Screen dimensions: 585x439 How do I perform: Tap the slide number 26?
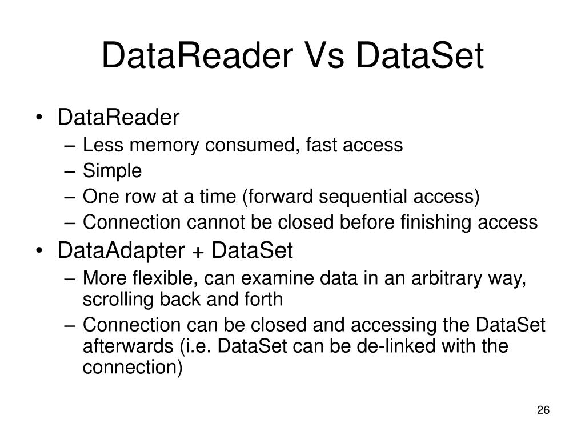coord(543,410)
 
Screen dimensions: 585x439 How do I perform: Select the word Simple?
coord(112,170)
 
